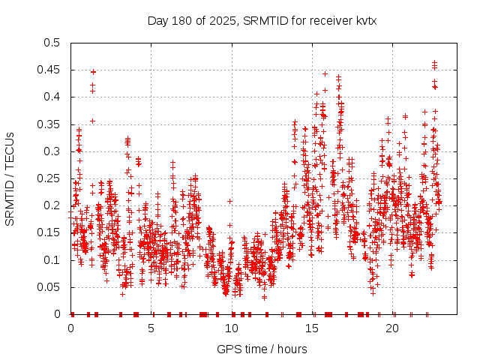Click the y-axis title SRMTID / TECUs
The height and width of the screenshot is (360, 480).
(10, 178)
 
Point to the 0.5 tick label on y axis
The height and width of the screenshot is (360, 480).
(52, 43)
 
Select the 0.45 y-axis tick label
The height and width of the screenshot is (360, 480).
(49, 70)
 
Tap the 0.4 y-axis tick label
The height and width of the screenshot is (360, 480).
(52, 97)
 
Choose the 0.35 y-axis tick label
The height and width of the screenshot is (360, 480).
(49, 124)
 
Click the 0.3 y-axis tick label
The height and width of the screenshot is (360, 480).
(52, 151)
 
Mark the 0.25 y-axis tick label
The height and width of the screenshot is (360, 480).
(49, 178)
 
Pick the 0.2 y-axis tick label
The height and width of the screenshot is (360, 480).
(52, 205)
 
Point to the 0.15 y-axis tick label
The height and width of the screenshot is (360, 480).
(49, 232)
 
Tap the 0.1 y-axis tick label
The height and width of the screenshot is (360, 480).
(52, 260)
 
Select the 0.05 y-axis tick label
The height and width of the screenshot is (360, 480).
(49, 287)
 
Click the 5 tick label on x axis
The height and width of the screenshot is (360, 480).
(151, 328)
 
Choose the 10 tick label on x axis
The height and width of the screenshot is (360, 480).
(232, 328)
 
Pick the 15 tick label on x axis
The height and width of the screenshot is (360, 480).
(313, 328)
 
